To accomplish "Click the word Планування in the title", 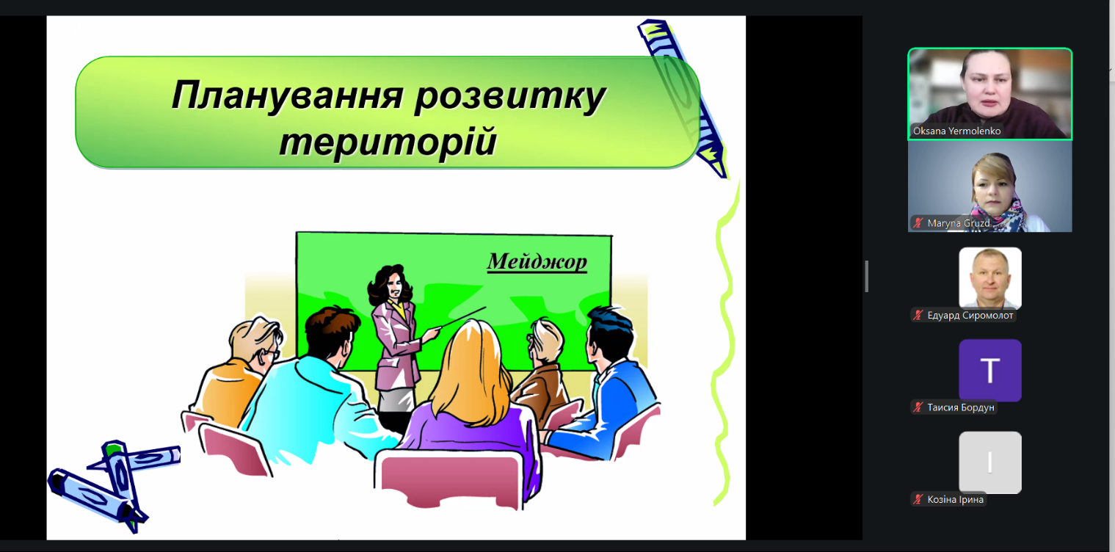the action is point(287,95).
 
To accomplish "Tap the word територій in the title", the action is point(388,142).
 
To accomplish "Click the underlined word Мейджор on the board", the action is point(537,262).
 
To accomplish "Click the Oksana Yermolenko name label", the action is point(956,131).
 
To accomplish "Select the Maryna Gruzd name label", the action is point(958,223).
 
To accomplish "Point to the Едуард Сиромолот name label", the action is point(970,315).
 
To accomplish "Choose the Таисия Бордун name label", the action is point(961,407).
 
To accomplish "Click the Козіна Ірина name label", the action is point(955,499).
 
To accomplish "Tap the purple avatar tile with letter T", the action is point(990,370).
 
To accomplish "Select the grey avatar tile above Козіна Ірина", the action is point(990,462).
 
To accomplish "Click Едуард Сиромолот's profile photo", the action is point(990,278).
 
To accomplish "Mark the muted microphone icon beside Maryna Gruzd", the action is point(918,223).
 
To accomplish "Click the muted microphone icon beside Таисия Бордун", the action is point(918,407).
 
